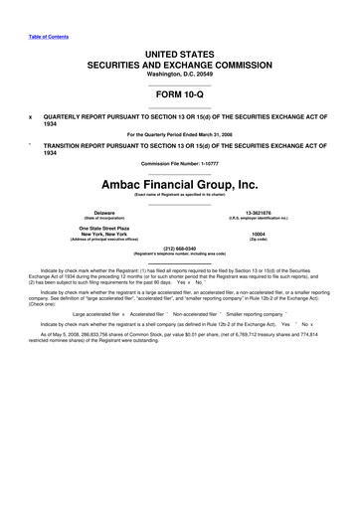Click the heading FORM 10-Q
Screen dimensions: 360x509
point(179,95)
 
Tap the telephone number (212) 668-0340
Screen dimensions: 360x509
point(179,249)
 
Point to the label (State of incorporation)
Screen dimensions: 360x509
point(103,219)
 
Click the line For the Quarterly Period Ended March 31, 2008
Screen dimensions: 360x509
point(179,133)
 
